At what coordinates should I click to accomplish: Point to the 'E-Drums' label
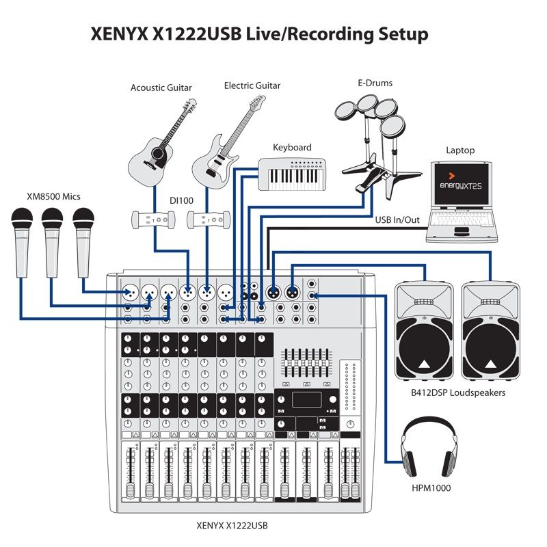375,83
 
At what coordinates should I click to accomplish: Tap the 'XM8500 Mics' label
53,196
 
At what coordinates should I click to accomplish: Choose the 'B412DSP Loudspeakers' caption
458,393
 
